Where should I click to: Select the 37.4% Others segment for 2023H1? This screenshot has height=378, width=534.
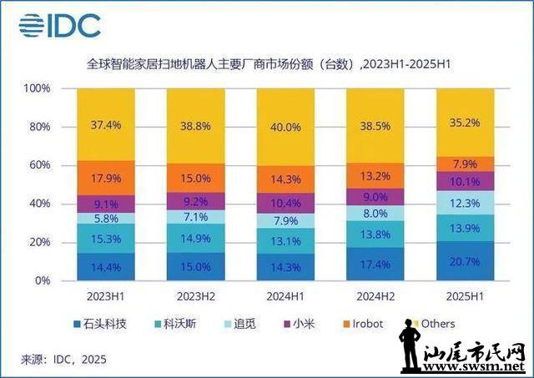click(x=107, y=124)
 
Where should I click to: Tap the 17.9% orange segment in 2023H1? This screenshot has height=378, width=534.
click(x=107, y=177)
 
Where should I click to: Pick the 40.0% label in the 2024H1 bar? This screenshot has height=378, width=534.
click(x=286, y=127)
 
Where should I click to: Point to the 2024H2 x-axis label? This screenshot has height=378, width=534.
click(x=375, y=295)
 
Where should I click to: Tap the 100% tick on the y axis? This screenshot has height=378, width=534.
click(x=38, y=88)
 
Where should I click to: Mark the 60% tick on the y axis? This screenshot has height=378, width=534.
click(x=39, y=165)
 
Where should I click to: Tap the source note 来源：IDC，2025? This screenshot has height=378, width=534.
click(x=63, y=358)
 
